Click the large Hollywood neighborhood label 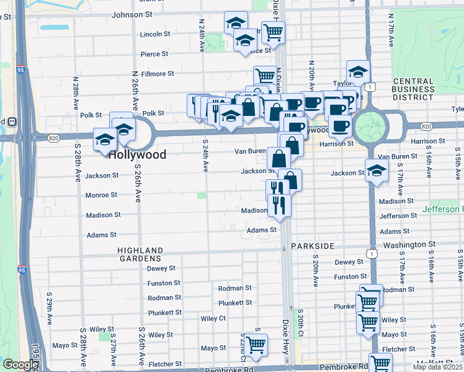(x=137, y=154)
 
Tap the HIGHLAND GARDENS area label (x=140, y=253)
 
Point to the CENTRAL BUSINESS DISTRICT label (x=413, y=89)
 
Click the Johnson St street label (x=132, y=14)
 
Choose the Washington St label (x=406, y=246)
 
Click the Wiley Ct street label (x=213, y=318)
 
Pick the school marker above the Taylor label (x=358, y=72)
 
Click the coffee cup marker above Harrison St (x=339, y=126)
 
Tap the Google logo (x=20, y=365)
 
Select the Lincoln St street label (x=155, y=34)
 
